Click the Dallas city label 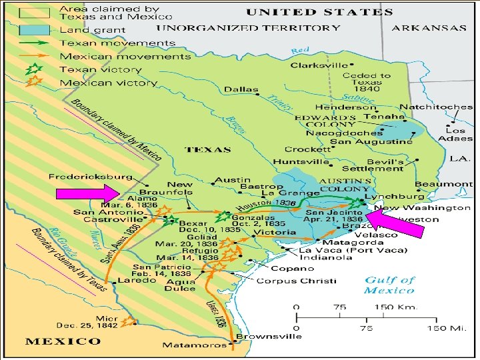coord(241,89)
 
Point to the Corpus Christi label coord(297,281)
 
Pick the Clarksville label coord(319,65)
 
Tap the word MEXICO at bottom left coord(63,341)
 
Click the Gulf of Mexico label coord(389,285)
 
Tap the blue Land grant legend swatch coord(34,30)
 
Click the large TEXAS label coord(209,149)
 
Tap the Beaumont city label coord(443,183)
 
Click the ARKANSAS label coord(429,28)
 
